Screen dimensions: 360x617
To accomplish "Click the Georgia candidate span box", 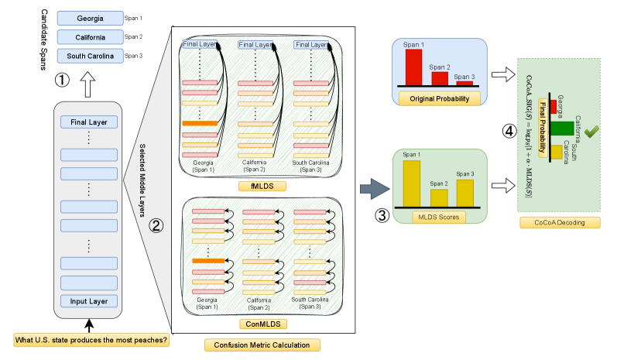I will pyautogui.click(x=90, y=18).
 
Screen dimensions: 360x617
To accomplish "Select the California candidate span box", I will pyautogui.click(x=90, y=37).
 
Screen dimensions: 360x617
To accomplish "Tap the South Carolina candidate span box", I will pyautogui.click(x=90, y=56).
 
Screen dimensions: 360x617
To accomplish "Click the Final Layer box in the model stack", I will pyautogui.click(x=89, y=122).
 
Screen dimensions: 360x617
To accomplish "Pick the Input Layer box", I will pyautogui.click(x=89, y=301).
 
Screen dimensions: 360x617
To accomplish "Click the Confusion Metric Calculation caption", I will pyautogui.click(x=262, y=345).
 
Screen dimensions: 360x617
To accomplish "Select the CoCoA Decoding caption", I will pyautogui.click(x=560, y=223).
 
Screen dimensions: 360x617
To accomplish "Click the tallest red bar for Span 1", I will pyautogui.click(x=414, y=67).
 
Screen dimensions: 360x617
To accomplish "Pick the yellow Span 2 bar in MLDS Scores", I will pyautogui.click(x=439, y=198).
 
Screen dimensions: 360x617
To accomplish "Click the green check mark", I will pyautogui.click(x=590, y=132).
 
